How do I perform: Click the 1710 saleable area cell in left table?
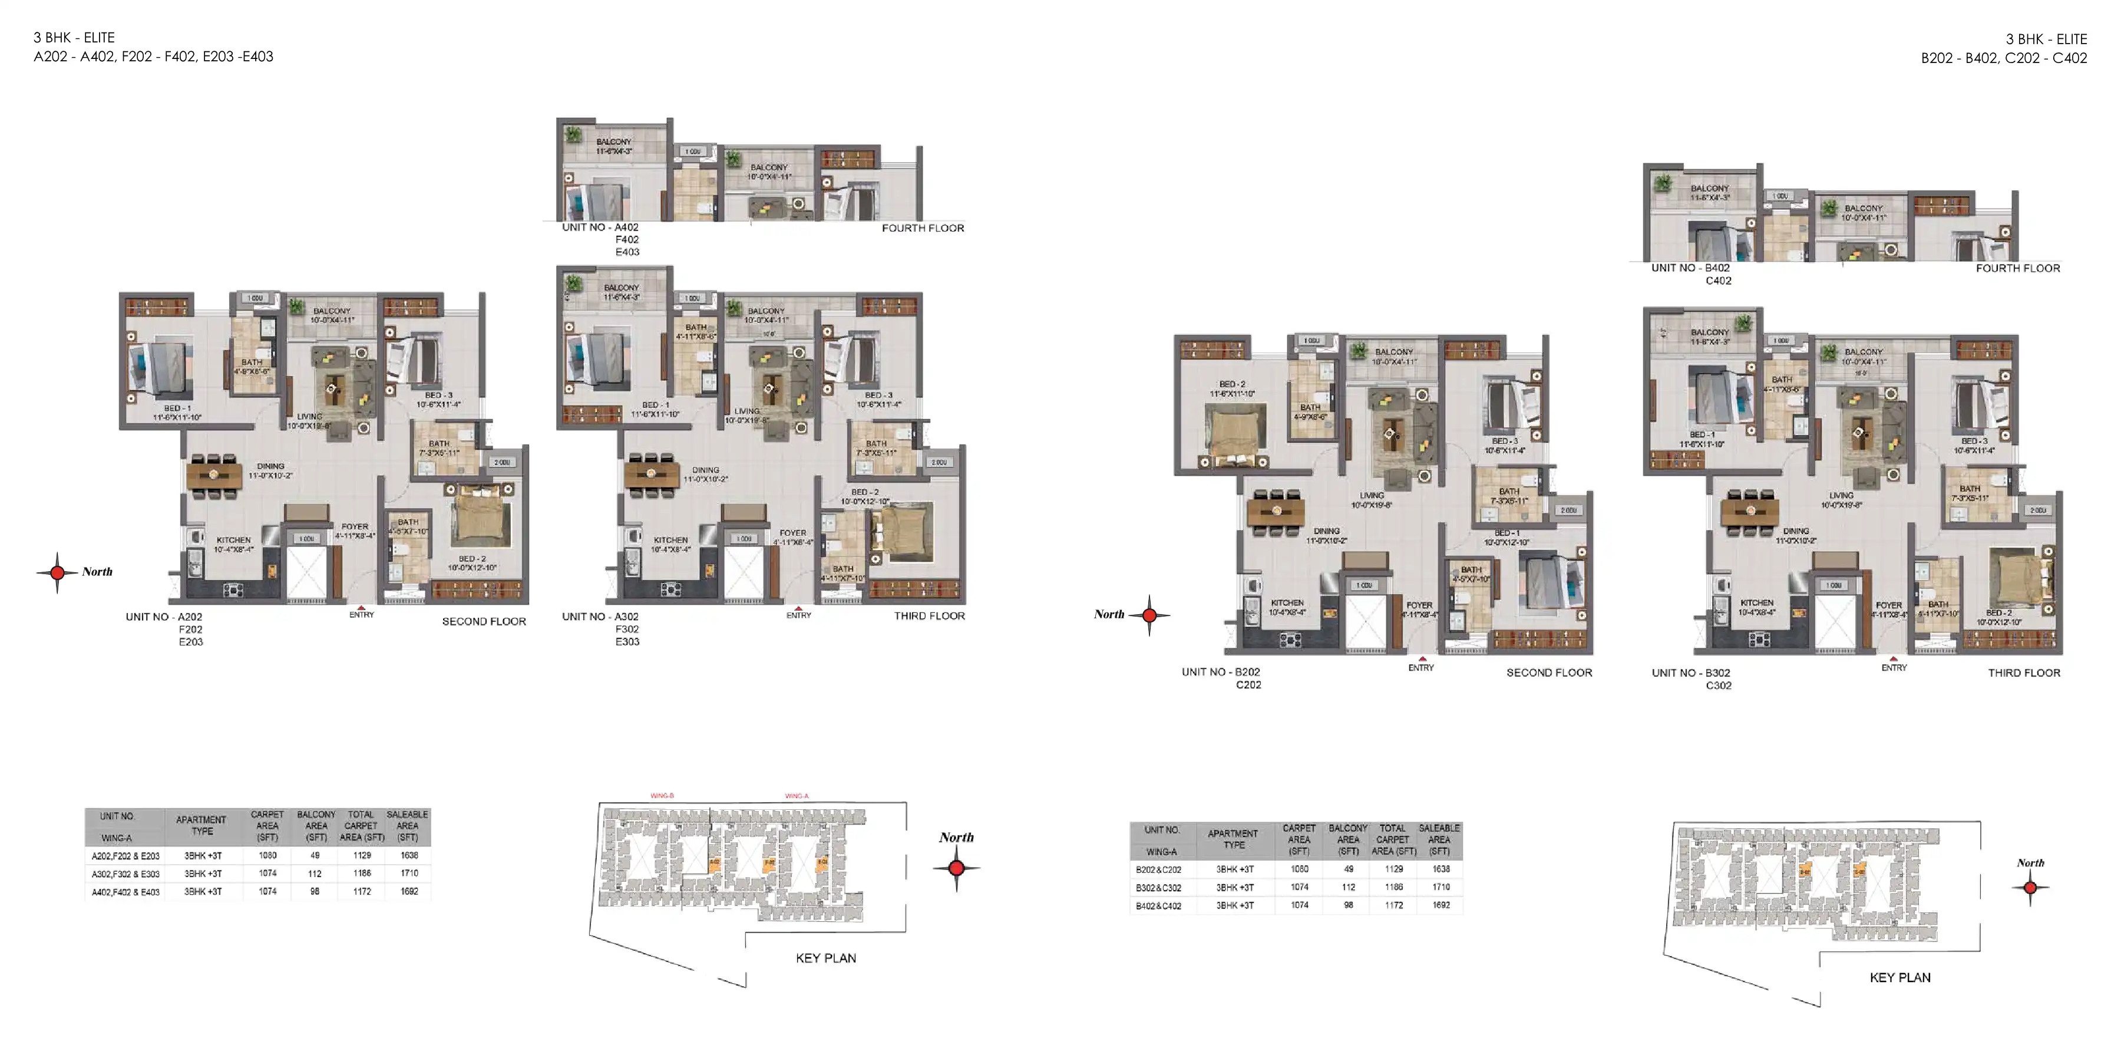coord(409,873)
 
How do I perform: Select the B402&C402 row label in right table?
coord(1158,906)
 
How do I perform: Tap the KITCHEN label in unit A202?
coord(234,541)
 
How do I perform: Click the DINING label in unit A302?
coord(706,470)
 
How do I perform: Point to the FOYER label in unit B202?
coord(1419,605)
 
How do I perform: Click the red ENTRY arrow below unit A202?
coord(362,608)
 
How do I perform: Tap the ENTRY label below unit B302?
coord(1894,668)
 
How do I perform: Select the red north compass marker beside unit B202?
coord(1149,615)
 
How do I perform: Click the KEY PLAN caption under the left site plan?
coord(826,958)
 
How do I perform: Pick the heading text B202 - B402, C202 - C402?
coord(2003,58)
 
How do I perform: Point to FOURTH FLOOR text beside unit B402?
coord(2017,269)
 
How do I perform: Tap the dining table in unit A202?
coord(214,475)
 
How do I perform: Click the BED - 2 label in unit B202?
coord(1232,385)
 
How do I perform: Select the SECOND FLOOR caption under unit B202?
coord(1549,673)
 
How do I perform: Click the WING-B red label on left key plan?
coord(662,796)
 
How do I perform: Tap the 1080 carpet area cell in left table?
coord(267,856)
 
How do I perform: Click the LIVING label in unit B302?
coord(1842,496)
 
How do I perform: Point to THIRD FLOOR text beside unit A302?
coord(930,616)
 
